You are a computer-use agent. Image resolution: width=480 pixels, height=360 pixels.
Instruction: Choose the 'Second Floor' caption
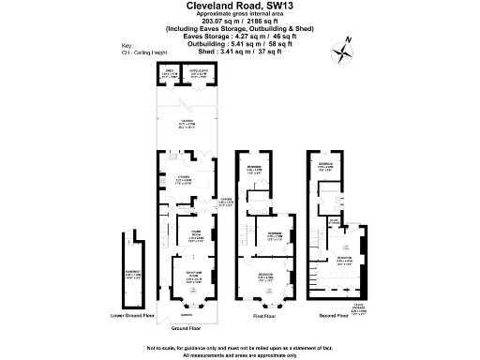(333, 315)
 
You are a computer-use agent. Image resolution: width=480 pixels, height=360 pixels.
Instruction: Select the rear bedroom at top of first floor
(254, 170)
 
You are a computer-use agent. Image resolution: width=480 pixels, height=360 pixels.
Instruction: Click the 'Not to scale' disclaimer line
(240, 348)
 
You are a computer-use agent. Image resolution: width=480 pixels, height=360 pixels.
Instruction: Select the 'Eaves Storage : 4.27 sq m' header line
(240, 36)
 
